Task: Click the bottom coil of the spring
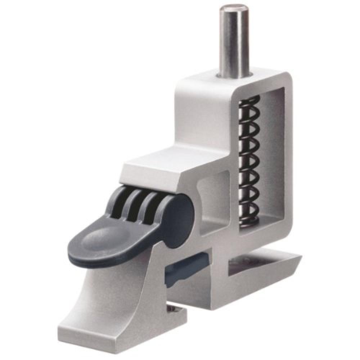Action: (x=248, y=220)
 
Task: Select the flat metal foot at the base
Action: (x=119, y=335)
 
